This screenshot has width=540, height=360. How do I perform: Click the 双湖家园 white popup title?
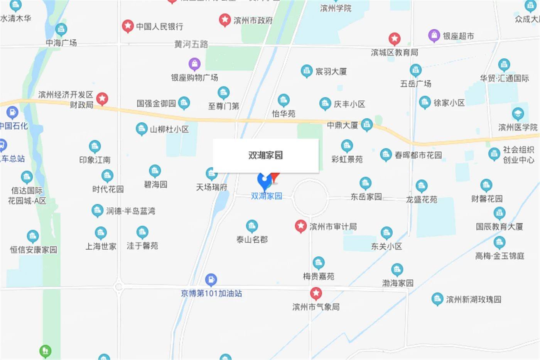[265, 155]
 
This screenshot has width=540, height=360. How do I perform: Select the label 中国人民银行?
[159, 27]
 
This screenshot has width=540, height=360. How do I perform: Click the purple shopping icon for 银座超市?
[434, 35]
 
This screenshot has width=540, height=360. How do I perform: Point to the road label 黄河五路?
[191, 44]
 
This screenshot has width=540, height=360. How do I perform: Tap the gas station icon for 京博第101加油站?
[211, 279]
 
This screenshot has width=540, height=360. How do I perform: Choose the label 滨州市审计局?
[333, 227]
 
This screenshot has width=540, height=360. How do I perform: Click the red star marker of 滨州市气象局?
[316, 293]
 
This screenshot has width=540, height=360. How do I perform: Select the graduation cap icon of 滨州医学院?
[518, 113]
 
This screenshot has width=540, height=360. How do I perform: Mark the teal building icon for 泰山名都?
[252, 226]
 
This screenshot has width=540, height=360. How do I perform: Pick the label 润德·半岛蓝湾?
[130, 211]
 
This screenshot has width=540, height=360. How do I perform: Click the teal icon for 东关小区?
[386, 233]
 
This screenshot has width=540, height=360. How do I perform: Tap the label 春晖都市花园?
[418, 155]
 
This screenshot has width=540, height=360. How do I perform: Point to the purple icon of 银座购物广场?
[194, 64]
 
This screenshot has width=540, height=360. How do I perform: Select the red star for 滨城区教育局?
[394, 39]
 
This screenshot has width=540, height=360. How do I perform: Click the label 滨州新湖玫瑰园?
[474, 299]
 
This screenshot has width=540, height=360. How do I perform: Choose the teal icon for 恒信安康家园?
[33, 236]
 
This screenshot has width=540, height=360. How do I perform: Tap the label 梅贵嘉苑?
[318, 276]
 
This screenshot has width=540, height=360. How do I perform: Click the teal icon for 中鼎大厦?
[367, 124]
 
